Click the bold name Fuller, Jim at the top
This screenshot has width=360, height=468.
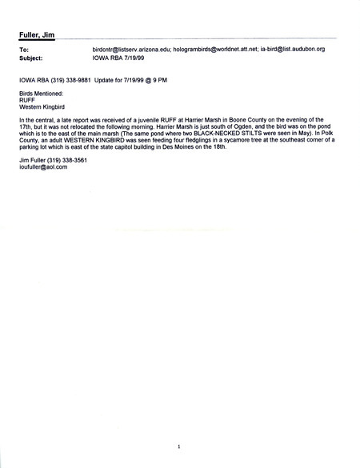tap(38, 34)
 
